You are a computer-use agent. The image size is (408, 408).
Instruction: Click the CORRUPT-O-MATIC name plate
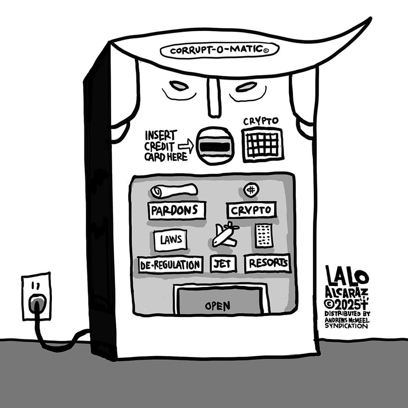tap(220, 51)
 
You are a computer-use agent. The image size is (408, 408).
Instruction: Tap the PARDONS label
tap(177, 211)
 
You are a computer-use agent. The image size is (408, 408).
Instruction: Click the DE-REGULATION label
tap(171, 265)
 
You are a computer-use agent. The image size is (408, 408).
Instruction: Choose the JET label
tap(223, 264)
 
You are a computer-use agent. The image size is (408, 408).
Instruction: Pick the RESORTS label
tap(268, 264)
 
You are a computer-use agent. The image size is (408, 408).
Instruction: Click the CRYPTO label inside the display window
tap(251, 210)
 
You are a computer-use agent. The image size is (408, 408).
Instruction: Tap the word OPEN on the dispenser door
tap(217, 306)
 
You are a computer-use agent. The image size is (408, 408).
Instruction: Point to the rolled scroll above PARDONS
tap(174, 190)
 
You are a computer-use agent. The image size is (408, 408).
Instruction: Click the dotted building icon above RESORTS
tap(264, 235)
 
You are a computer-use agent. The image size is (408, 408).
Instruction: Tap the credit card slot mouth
tap(214, 145)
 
